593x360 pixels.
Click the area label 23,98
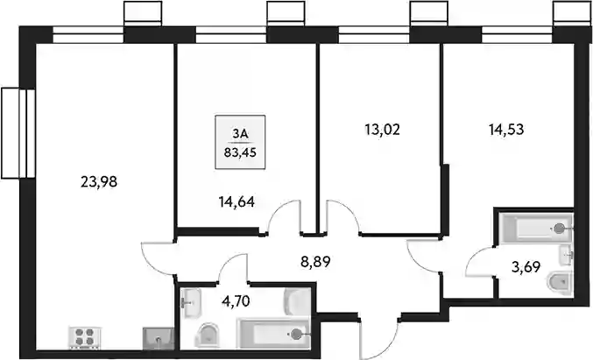click(x=99, y=182)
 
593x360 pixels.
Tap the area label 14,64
click(x=236, y=202)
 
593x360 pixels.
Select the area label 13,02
click(x=383, y=130)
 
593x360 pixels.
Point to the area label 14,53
click(x=506, y=130)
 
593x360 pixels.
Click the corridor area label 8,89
click(x=316, y=261)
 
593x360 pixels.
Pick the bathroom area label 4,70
click(x=236, y=301)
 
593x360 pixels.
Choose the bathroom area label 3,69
click(x=526, y=267)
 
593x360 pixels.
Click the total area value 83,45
click(x=240, y=152)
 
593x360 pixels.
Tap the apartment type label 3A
click(x=240, y=134)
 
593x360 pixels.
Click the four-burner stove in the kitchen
click(x=84, y=337)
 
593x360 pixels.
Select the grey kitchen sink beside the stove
click(x=159, y=338)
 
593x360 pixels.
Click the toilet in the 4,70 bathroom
click(x=208, y=335)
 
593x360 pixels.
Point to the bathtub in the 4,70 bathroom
click(x=274, y=334)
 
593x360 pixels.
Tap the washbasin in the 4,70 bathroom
click(x=191, y=303)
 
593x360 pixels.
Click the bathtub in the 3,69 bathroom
click(x=535, y=227)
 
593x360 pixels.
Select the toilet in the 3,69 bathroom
click(x=560, y=282)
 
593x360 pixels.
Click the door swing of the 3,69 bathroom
click(x=477, y=259)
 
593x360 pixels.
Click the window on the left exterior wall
click(x=18, y=133)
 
